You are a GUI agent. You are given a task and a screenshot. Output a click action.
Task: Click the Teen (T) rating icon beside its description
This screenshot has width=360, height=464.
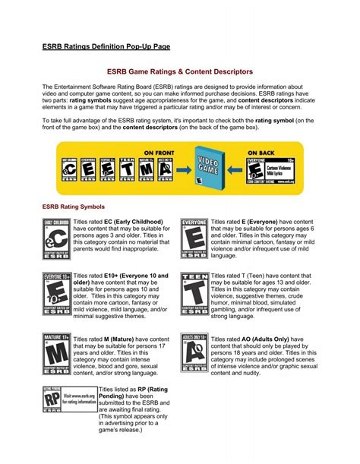point(194,293)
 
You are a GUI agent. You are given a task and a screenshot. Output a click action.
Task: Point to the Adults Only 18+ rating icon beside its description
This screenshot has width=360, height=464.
point(194,352)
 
